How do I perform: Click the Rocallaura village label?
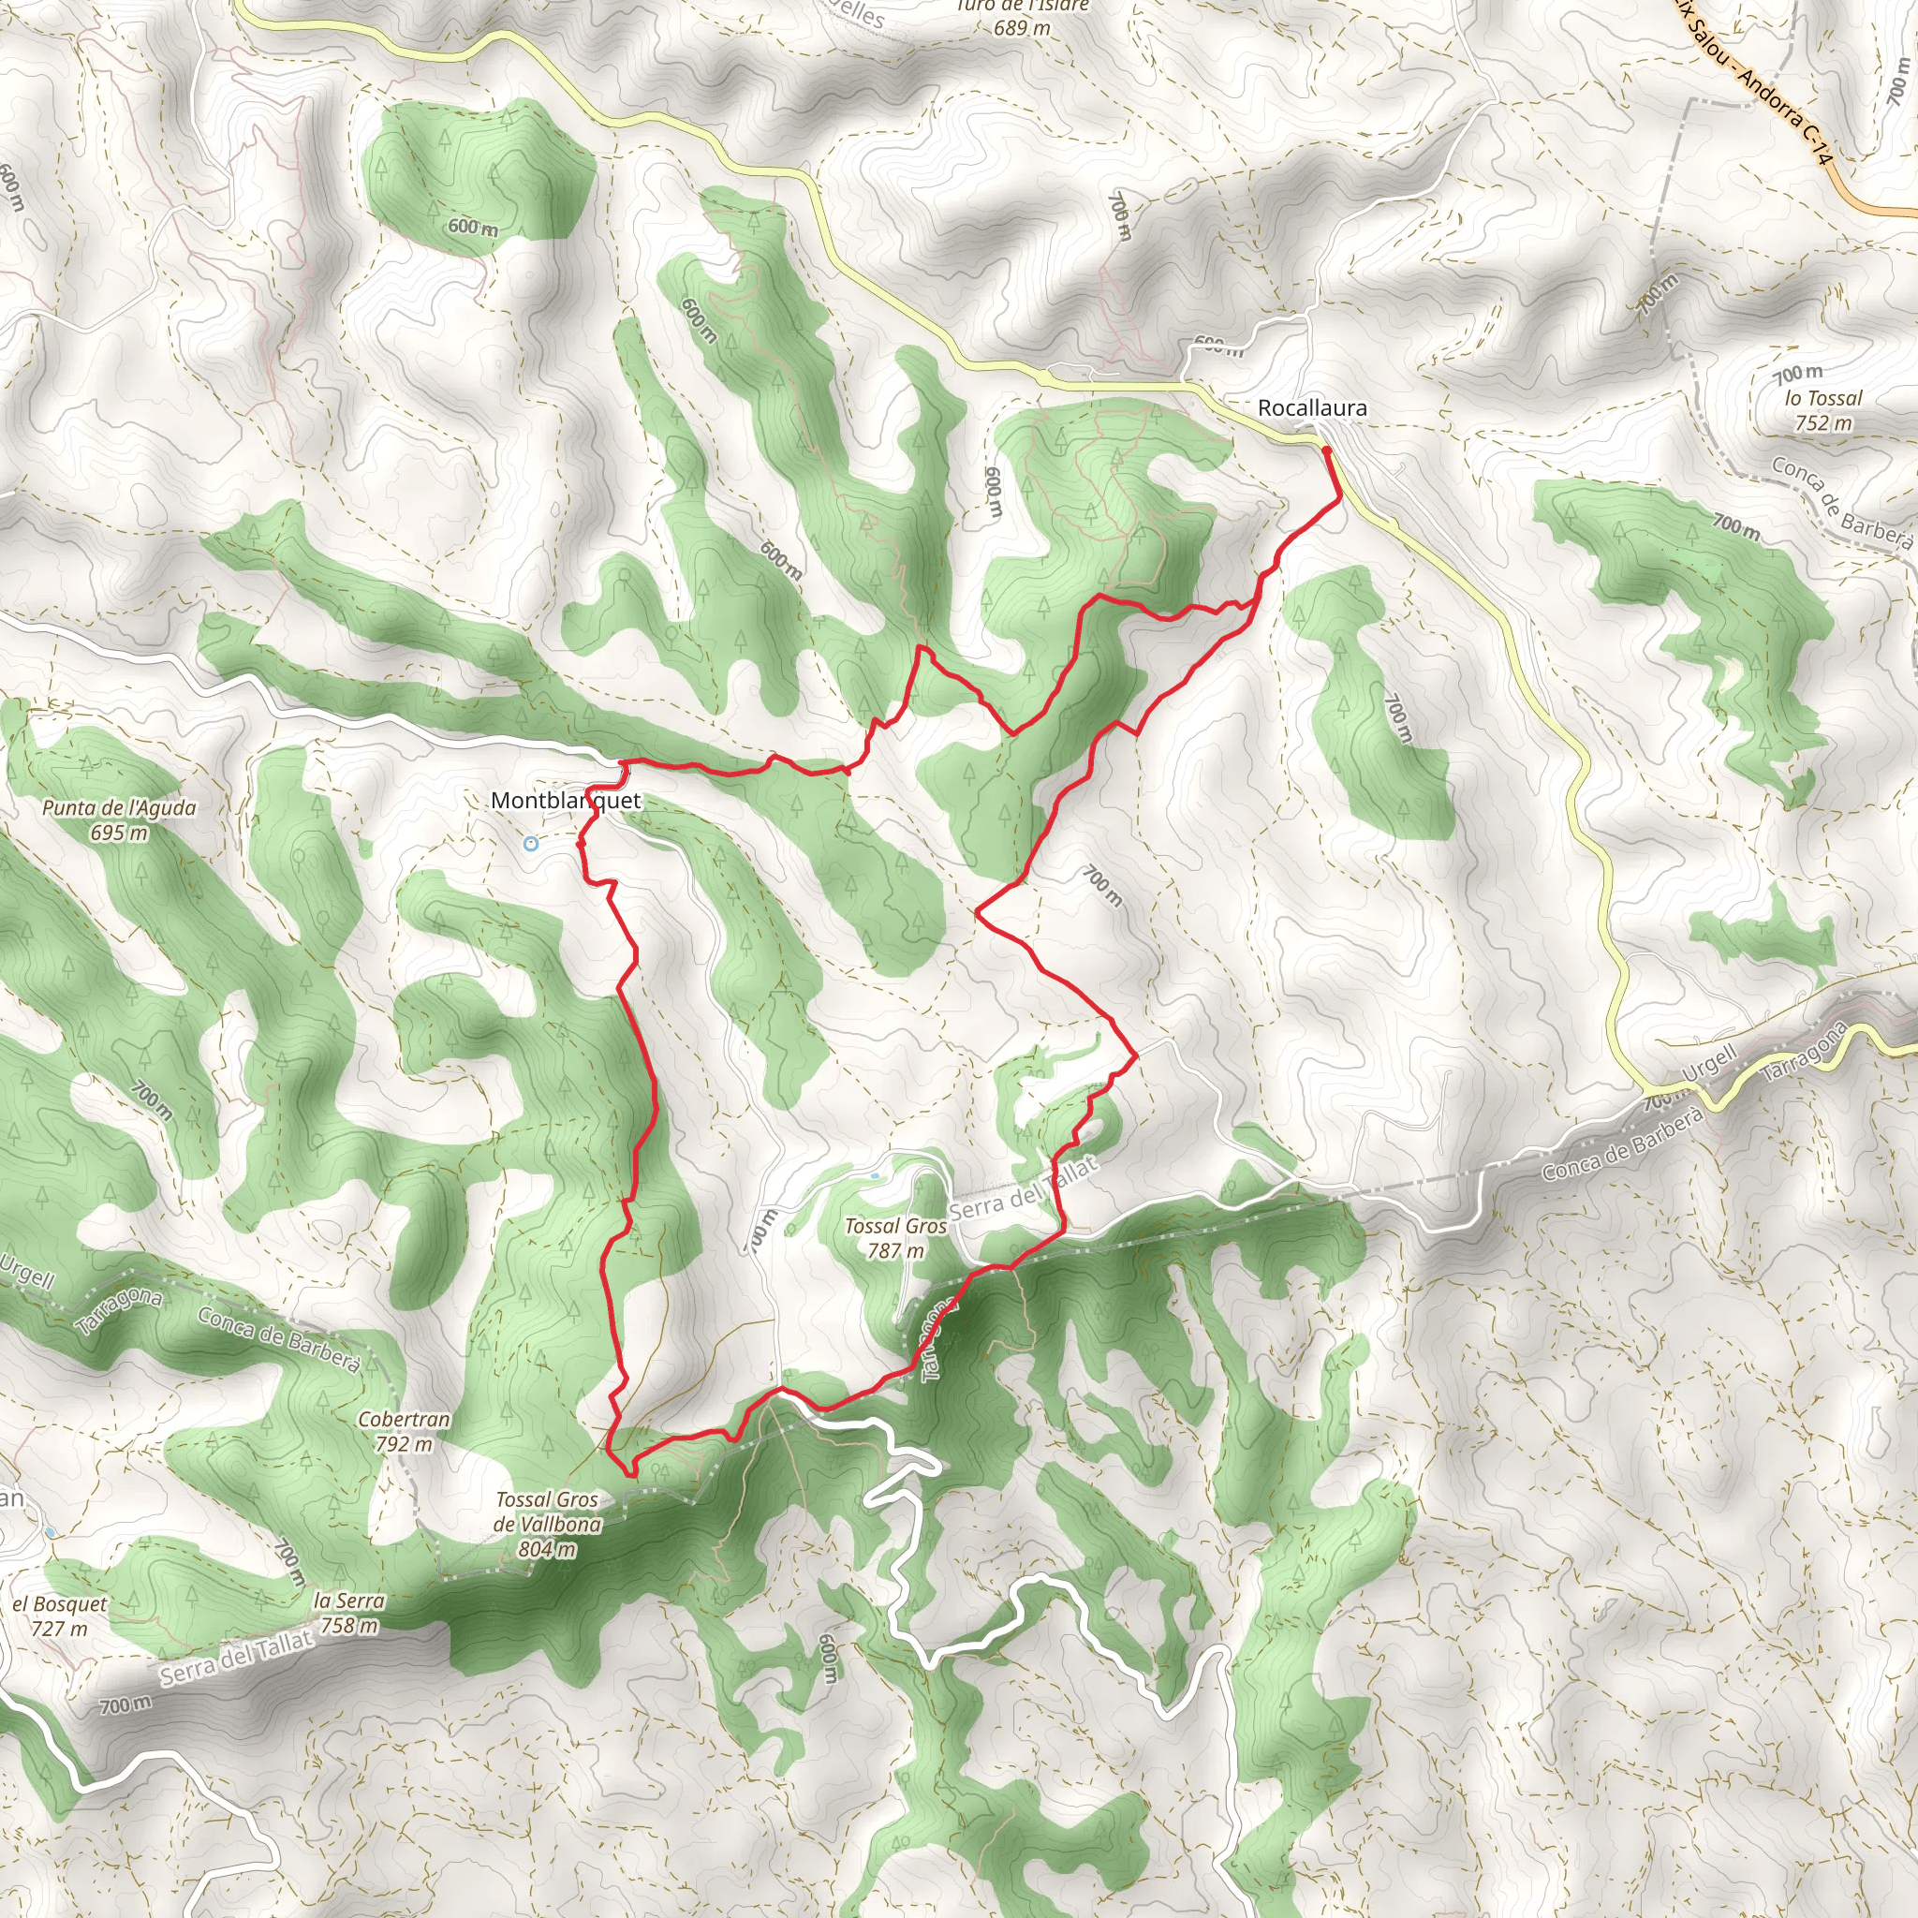[1311, 408]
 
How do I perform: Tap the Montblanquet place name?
[566, 801]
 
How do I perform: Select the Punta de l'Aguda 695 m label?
[119, 820]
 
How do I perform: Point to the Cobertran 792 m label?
[404, 1432]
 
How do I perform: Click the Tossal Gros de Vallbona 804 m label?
[547, 1524]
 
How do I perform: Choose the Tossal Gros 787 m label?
[895, 1238]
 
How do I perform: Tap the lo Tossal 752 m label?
[1823, 410]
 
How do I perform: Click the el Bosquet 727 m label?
[60, 1616]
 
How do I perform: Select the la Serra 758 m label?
[348, 1614]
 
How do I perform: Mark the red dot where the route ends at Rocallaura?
[1326, 450]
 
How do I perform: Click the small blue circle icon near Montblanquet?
[531, 844]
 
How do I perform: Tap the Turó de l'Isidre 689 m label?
[1023, 18]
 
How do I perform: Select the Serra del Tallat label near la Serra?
[236, 1659]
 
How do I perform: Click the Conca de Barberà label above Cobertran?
[279, 1340]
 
